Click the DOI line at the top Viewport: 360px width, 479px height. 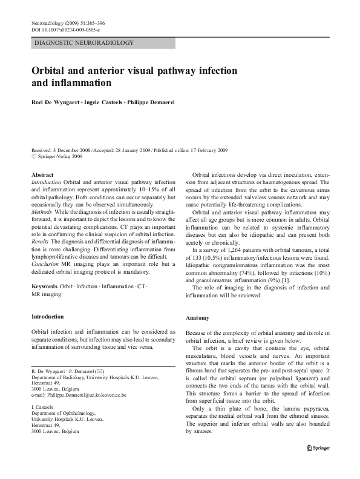click(65, 30)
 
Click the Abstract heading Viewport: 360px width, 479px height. click(42, 174)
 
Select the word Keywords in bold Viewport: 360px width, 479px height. click(44, 285)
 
